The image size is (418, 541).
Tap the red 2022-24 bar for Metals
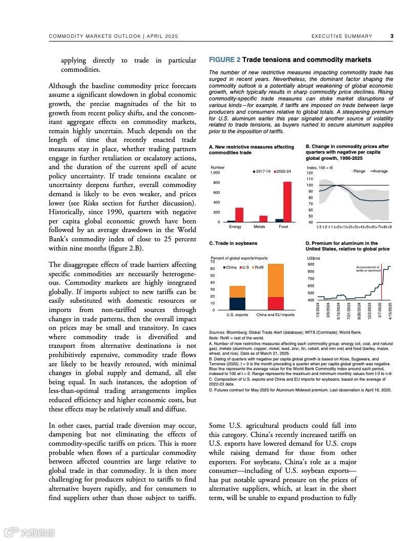click(263, 219)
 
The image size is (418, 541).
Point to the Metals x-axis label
click(259, 226)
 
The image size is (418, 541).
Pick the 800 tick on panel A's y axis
click(216, 182)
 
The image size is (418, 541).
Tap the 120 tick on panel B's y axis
click(309, 173)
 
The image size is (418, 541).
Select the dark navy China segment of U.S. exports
click(237, 304)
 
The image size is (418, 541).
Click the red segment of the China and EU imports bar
click(276, 303)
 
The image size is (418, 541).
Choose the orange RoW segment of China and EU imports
click(276, 280)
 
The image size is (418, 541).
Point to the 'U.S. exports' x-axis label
click(237, 315)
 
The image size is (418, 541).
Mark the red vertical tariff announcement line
click(382, 284)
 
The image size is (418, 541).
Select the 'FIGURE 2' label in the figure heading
click(224, 60)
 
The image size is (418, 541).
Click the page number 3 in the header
click(392, 36)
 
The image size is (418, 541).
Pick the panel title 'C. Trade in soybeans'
click(233, 243)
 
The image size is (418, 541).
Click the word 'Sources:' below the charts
click(217, 332)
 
